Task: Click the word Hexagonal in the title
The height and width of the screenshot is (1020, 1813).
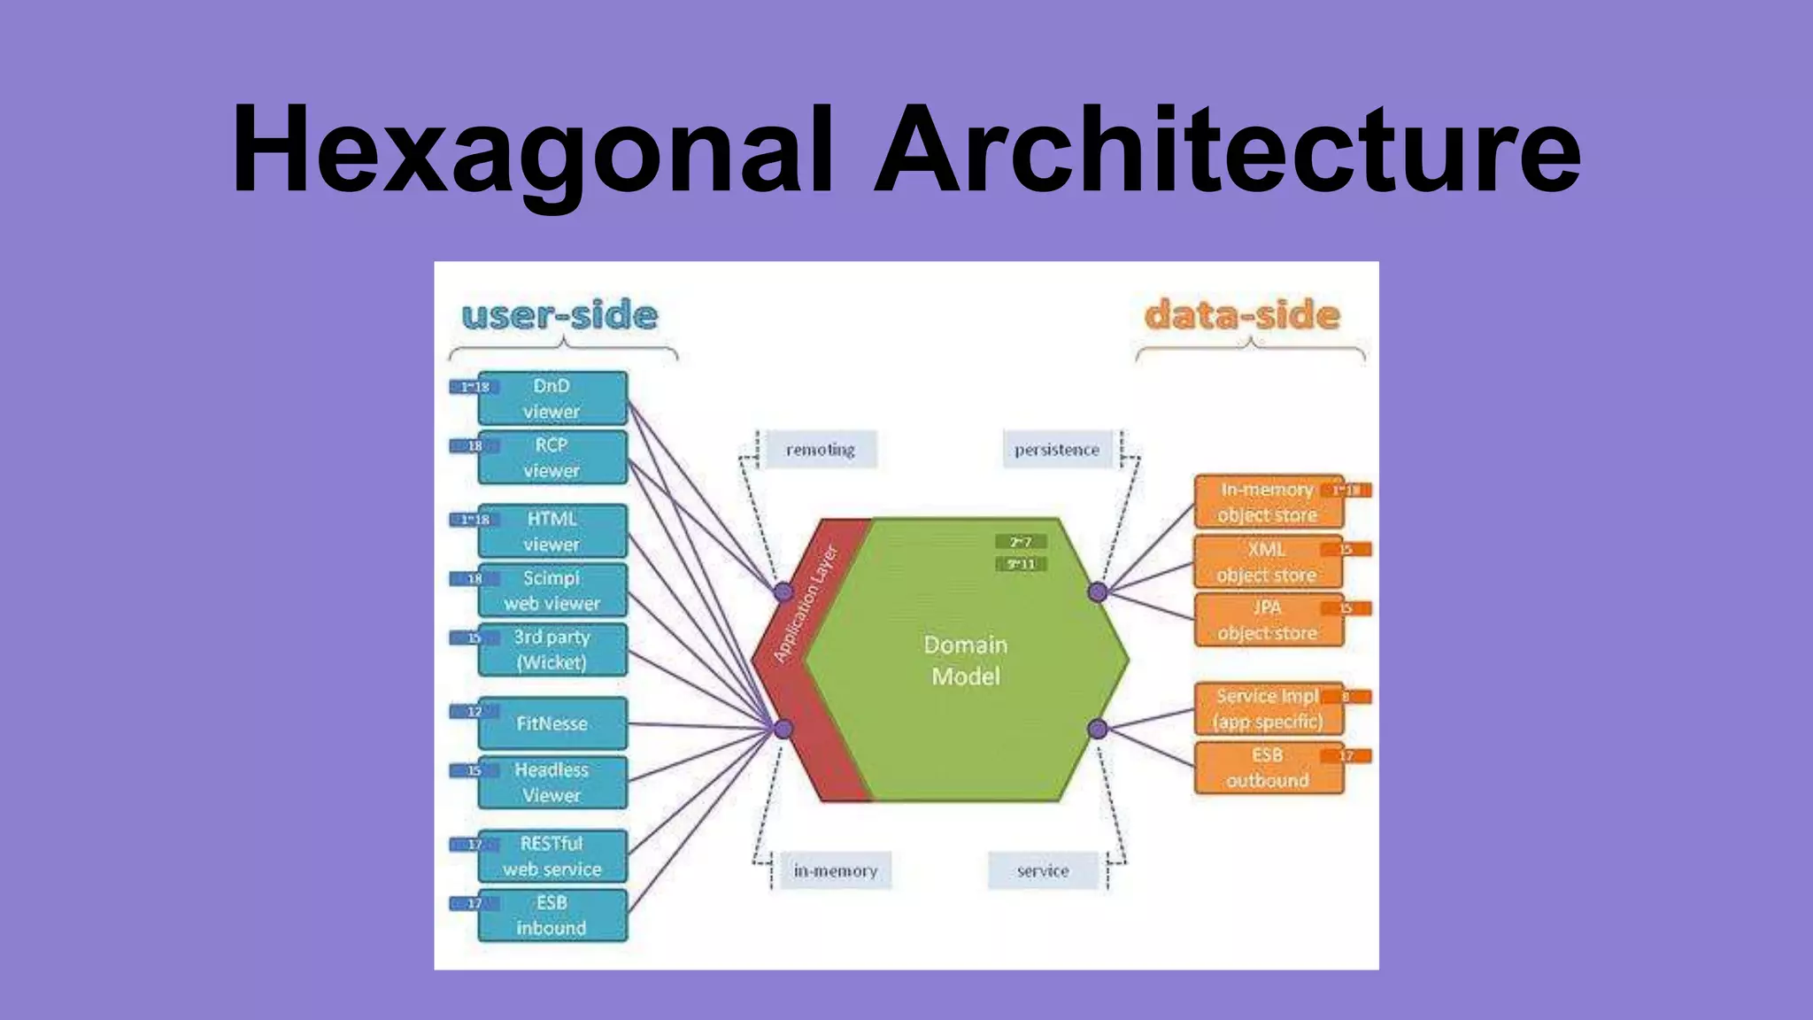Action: point(531,151)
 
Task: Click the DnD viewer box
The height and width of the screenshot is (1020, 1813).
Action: point(552,398)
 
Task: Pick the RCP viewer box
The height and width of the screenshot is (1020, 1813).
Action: point(552,458)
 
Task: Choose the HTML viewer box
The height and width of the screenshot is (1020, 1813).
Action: point(552,531)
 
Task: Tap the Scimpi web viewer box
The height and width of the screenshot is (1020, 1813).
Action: point(552,591)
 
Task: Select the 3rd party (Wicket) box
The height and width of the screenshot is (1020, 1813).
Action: point(552,650)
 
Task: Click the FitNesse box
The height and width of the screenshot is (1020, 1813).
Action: point(552,723)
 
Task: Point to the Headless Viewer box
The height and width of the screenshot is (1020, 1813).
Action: point(552,783)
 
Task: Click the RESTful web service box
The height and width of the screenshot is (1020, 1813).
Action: point(552,856)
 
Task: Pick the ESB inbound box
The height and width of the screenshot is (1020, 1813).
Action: point(552,916)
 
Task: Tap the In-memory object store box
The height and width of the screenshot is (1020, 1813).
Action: point(1268,502)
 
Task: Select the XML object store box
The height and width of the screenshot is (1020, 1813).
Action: point(1268,562)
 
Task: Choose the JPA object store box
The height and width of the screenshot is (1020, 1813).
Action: point(1268,621)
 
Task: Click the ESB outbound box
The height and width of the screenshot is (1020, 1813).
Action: point(1268,768)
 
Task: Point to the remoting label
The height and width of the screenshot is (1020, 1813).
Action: point(821,450)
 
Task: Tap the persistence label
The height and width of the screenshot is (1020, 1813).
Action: point(1057,450)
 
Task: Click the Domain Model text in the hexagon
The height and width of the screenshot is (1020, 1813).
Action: point(966,661)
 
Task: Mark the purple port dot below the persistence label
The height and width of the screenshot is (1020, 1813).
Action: point(1098,592)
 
